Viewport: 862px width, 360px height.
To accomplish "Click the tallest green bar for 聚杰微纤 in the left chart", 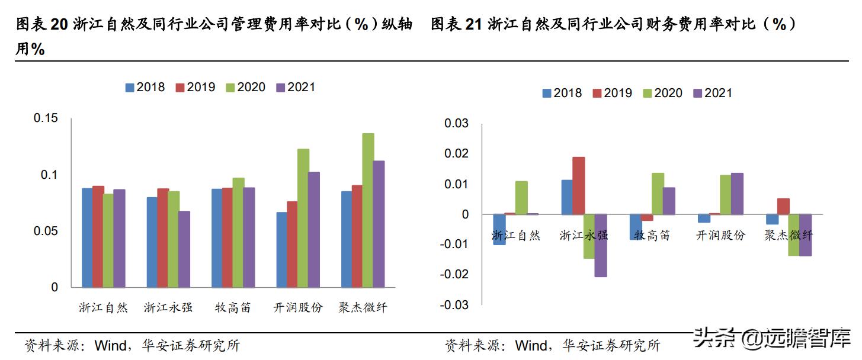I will click(368, 210).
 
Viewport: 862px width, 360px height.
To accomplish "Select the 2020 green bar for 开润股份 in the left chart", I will click(303, 218).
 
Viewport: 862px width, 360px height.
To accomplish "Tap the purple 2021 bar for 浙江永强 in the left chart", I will click(184, 249).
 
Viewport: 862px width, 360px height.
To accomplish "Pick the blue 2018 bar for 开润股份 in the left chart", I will click(281, 249).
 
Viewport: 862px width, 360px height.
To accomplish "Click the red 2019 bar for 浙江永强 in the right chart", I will click(578, 185).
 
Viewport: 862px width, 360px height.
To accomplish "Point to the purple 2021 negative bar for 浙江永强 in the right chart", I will click(601, 245).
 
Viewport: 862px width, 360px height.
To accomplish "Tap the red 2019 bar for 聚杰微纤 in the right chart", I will click(783, 206).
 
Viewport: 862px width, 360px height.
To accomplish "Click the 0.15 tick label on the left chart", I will click(46, 118).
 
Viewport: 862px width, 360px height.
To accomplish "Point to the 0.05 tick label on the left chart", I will click(46, 231).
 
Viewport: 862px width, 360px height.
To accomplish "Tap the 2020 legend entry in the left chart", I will click(245, 87).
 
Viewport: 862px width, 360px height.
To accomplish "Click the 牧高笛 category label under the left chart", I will click(233, 308).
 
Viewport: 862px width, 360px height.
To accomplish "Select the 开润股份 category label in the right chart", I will click(720, 235).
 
